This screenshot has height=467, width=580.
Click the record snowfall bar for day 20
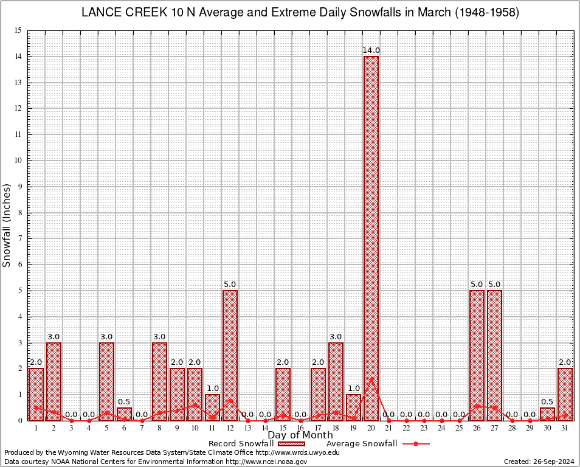click(x=371, y=237)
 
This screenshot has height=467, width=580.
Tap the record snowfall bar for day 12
click(x=230, y=355)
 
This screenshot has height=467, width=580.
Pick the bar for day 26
click(x=477, y=355)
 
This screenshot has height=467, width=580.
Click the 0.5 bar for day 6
click(x=124, y=413)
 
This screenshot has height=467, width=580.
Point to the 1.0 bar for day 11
click(x=212, y=407)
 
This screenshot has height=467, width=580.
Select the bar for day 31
click(x=565, y=394)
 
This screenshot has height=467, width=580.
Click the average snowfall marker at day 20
click(x=371, y=379)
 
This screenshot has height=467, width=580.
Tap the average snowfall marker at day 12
click(x=230, y=400)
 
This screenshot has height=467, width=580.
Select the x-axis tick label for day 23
click(x=424, y=429)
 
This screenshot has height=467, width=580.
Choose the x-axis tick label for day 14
click(x=265, y=429)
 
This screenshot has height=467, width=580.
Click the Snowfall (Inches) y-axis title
click(x=7, y=225)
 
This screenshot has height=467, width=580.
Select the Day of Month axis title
click(x=300, y=435)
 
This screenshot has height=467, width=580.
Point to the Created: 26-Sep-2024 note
click(x=539, y=462)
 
